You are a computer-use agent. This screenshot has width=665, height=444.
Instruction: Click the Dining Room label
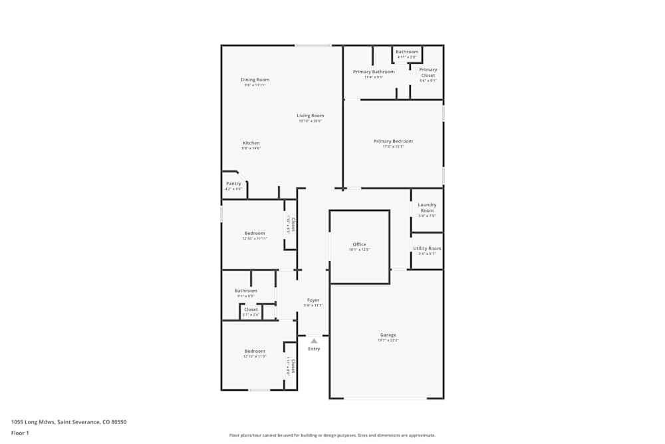(255, 80)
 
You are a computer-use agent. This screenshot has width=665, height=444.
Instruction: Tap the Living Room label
(310, 116)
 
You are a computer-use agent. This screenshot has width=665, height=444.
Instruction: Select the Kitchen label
(251, 143)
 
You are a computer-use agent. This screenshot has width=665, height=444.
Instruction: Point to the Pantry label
(233, 184)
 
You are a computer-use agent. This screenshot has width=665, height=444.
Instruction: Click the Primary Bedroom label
(392, 141)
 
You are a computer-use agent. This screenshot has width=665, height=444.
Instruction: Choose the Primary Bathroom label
(373, 72)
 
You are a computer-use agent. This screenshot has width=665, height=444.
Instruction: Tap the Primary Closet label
(428, 73)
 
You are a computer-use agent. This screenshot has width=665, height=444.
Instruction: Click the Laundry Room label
(427, 208)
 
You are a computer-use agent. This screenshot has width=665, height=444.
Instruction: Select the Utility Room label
(427, 248)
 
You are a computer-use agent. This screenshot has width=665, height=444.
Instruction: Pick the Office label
(359, 244)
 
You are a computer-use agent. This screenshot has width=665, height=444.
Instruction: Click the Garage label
(388, 335)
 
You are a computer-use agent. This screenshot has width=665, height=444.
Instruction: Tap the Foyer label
(313, 300)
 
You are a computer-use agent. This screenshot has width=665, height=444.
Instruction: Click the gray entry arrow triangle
(314, 341)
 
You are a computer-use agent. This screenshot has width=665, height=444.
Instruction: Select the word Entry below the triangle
(314, 349)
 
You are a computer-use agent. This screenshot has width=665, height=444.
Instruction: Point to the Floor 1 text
(20, 433)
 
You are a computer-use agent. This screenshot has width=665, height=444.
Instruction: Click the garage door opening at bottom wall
(385, 398)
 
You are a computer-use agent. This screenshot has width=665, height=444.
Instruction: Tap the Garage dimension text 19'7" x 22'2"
(388, 340)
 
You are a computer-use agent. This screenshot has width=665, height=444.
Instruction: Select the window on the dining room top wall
(313, 45)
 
